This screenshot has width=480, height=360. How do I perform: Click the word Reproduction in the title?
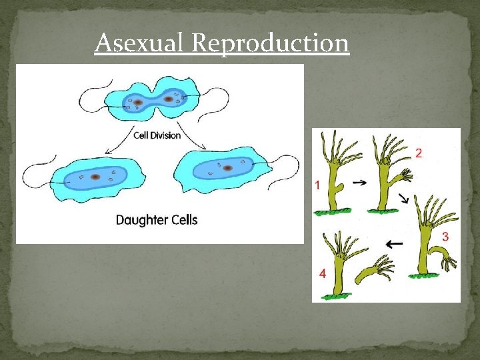pyautogui.click(x=270, y=43)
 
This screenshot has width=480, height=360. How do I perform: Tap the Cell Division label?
pyautogui.click(x=157, y=135)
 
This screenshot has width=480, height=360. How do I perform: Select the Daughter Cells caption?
pyautogui.click(x=157, y=219)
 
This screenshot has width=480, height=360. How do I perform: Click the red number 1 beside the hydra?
pyautogui.click(x=318, y=186)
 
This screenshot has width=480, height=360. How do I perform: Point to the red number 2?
pyautogui.click(x=419, y=153)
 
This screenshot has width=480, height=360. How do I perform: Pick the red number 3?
pyautogui.click(x=445, y=237)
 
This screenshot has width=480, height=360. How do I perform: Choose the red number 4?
pyautogui.click(x=323, y=274)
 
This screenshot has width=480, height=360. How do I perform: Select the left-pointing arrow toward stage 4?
pyautogui.click(x=394, y=244)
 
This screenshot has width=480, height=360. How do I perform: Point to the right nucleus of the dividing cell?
pyautogui.click(x=169, y=99)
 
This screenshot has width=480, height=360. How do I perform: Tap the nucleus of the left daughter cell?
pyautogui.click(x=95, y=177)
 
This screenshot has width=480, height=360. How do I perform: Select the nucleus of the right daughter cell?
pyautogui.click(x=227, y=169)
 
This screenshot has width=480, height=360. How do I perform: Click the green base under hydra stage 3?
pyautogui.click(x=424, y=275)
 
